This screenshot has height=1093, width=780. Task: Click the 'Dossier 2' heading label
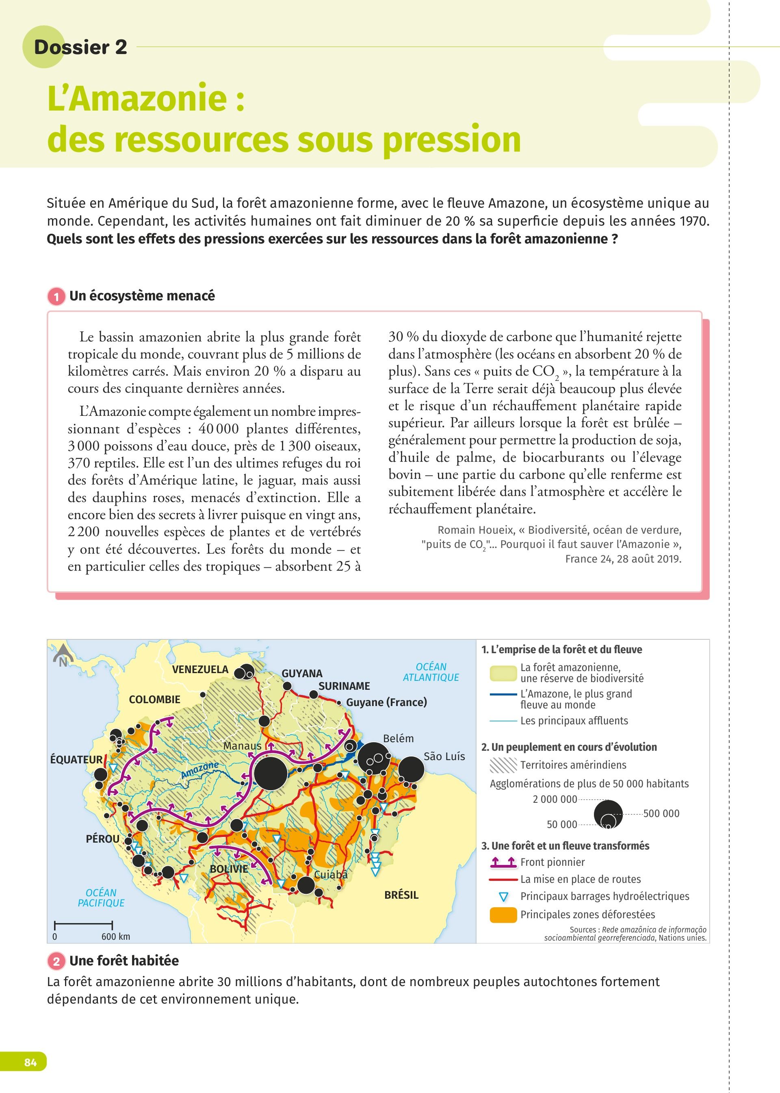80,47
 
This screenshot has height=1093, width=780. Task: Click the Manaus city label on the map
242,745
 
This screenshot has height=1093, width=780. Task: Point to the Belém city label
398,739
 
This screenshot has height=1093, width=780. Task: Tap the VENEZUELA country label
200,669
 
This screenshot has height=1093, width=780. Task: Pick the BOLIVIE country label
229,869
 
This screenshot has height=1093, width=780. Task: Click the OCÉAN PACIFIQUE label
101,897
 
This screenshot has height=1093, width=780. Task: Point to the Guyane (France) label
386,702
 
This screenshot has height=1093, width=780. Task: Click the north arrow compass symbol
63,655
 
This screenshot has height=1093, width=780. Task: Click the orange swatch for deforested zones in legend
503,915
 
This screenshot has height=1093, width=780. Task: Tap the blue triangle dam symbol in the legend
503,897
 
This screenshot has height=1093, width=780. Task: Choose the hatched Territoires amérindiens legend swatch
503,765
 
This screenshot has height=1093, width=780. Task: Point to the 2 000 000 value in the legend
555,799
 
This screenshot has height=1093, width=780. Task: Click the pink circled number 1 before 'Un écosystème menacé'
56,296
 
